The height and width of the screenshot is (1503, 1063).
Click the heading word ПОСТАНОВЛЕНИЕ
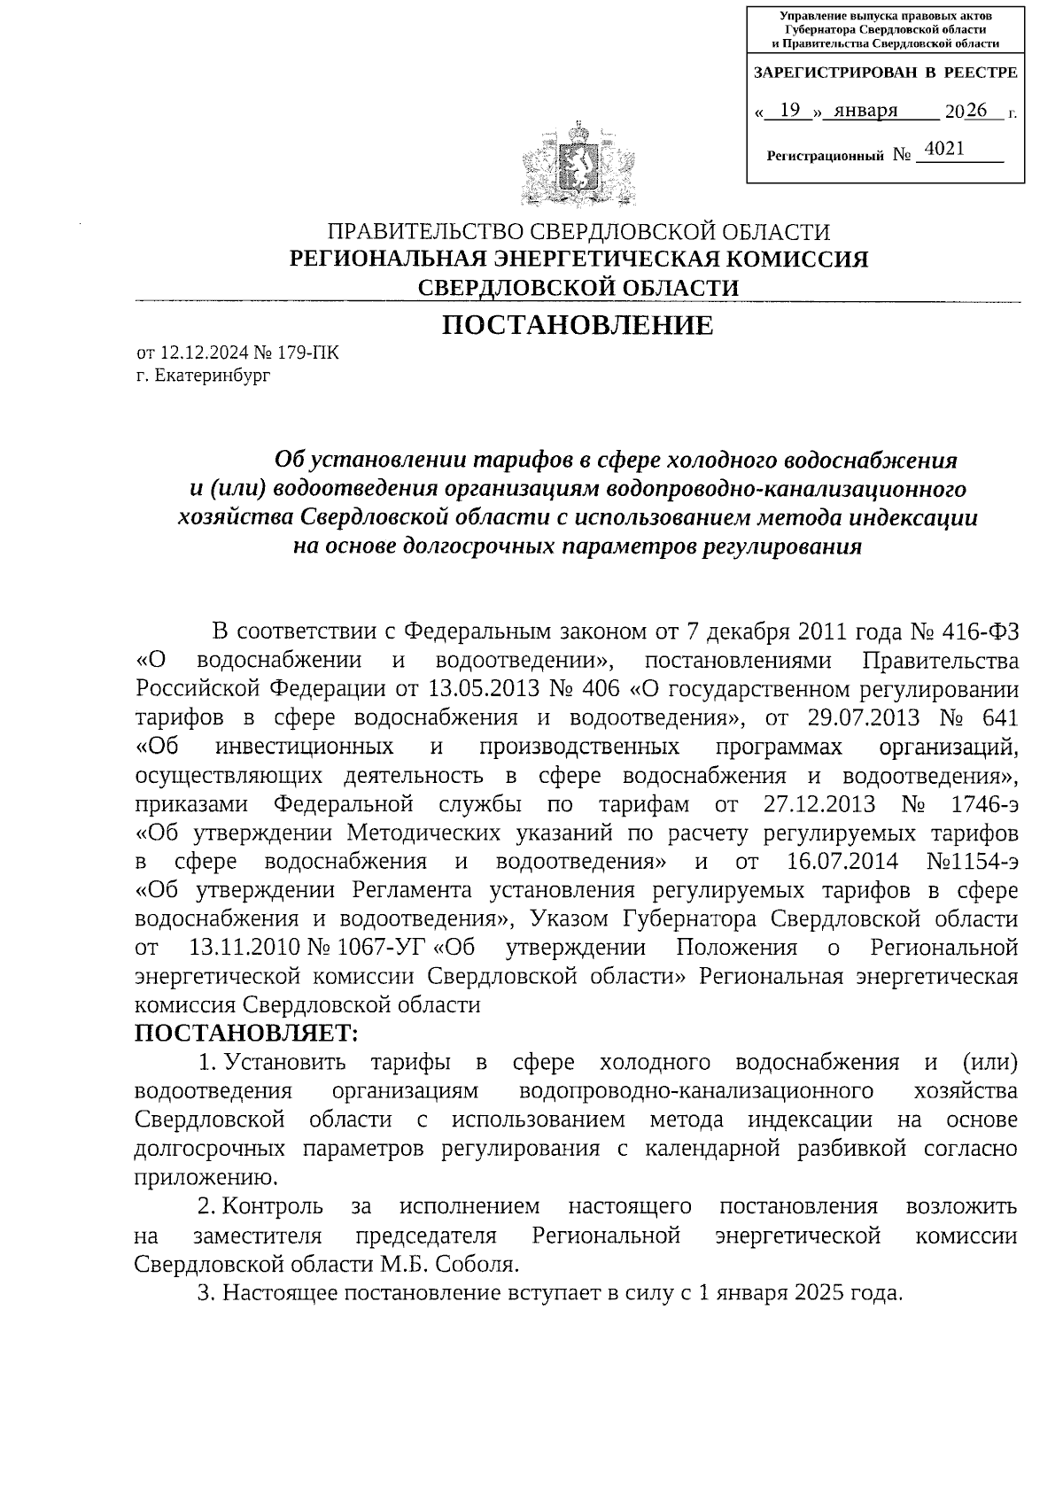point(578,325)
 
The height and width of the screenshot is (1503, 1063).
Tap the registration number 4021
point(943,150)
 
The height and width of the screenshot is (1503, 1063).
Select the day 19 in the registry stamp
point(792,110)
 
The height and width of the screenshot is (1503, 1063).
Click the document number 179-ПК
point(307,353)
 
